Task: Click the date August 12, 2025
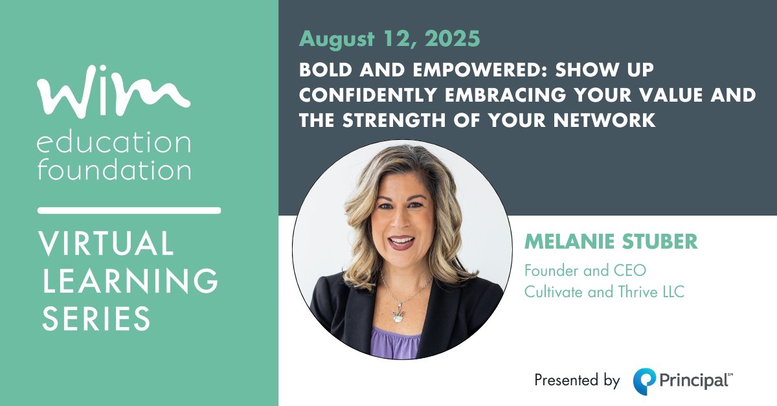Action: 389,39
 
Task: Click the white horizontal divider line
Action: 129,210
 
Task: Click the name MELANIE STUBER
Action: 611,243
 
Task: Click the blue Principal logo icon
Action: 645,380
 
